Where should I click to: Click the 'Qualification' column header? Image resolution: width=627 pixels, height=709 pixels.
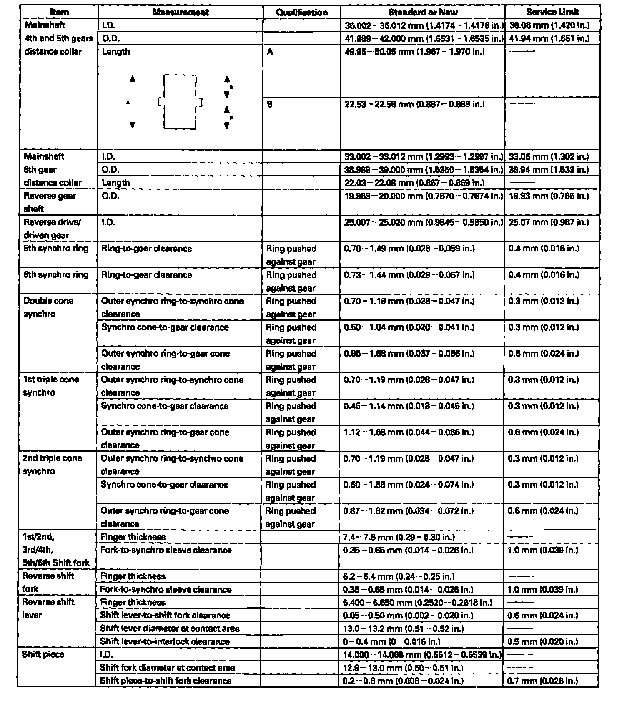click(x=301, y=12)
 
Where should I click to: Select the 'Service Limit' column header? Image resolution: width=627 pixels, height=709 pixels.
click(x=552, y=12)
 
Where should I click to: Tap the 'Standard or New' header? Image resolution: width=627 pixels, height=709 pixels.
click(x=423, y=12)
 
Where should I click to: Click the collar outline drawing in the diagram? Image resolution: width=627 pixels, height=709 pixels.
click(x=180, y=102)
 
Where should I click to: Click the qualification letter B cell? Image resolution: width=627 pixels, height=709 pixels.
click(x=270, y=104)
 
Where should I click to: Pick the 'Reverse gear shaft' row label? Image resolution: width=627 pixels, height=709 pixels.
click(x=50, y=202)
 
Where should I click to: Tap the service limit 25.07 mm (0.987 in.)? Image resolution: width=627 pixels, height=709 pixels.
click(x=549, y=222)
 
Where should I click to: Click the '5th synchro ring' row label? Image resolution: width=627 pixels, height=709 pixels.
click(x=56, y=249)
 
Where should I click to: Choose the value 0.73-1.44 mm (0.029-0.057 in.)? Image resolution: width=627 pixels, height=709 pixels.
click(x=409, y=275)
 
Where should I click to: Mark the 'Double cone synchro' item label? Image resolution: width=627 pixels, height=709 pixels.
click(x=48, y=307)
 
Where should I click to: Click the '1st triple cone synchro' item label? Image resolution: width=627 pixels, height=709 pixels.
click(x=50, y=386)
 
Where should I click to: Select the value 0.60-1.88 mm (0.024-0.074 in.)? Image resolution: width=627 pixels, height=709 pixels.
click(x=409, y=485)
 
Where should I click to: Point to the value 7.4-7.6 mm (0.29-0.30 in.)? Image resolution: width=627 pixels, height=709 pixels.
click(x=399, y=537)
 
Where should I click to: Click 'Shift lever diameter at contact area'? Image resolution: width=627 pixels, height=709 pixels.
click(x=170, y=629)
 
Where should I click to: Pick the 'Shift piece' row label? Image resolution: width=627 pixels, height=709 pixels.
click(x=43, y=654)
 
